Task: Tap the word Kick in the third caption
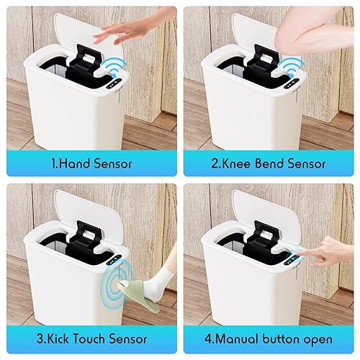59,338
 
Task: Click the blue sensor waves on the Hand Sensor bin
113,70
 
